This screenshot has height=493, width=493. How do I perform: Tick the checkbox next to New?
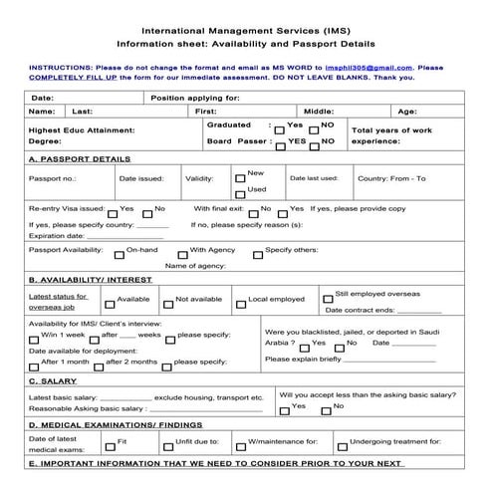(240, 178)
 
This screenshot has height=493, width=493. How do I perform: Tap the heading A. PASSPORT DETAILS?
(80, 158)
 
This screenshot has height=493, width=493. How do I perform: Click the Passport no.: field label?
(52, 179)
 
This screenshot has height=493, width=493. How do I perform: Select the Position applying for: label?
(195, 99)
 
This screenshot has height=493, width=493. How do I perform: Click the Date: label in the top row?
(42, 99)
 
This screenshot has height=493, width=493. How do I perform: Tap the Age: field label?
(407, 113)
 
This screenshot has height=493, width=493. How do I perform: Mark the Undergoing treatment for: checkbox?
(342, 443)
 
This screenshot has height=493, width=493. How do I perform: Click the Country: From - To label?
(390, 179)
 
